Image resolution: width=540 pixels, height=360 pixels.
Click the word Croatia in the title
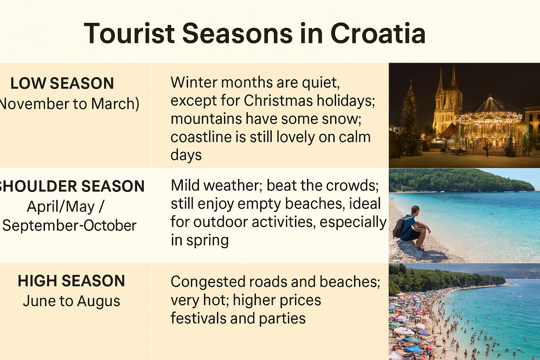pyautogui.click(x=378, y=34)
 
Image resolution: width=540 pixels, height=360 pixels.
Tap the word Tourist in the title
pyautogui.click(x=129, y=34)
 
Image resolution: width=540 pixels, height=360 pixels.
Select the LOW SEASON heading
pyautogui.click(x=62, y=84)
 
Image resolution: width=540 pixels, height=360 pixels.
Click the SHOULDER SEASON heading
pyautogui.click(x=72, y=186)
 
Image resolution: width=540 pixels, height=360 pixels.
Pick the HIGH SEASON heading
pyautogui.click(x=71, y=281)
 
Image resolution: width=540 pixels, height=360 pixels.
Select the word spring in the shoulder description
pyautogui.click(x=207, y=240)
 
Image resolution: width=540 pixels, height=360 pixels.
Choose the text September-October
pyautogui.click(x=69, y=226)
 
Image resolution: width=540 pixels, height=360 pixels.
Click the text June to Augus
pyautogui.click(x=71, y=301)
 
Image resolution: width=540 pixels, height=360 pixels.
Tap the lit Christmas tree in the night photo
pyautogui.click(x=410, y=123)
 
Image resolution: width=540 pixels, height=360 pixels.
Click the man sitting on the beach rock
pyautogui.click(x=413, y=227)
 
